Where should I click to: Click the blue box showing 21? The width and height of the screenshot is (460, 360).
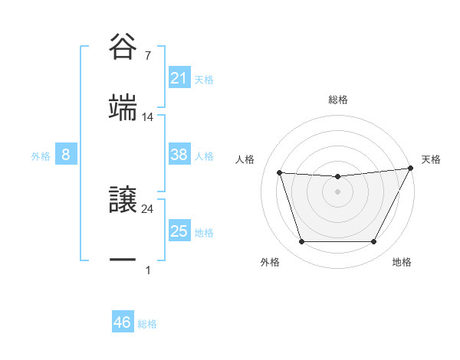pyautogui.click(x=179, y=78)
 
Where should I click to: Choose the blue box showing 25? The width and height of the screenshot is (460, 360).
pyautogui.click(x=179, y=231)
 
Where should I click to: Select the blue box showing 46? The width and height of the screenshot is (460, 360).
pyautogui.click(x=123, y=323)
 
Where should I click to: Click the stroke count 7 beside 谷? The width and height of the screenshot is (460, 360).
pyautogui.click(x=147, y=56)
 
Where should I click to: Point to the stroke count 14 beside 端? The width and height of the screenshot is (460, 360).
pyautogui.click(x=148, y=117)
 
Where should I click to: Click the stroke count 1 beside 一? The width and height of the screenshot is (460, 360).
pyautogui.click(x=147, y=270)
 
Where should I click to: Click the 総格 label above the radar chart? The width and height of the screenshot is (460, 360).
pyautogui.click(x=337, y=100)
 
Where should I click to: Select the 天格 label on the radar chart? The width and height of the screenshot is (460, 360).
pyautogui.click(x=431, y=159)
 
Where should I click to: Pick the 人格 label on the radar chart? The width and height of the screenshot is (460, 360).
pyautogui.click(x=245, y=159)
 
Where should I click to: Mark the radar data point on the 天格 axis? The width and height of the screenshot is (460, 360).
pyautogui.click(x=410, y=168)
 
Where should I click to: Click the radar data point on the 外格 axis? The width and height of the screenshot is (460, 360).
pyautogui.click(x=301, y=242)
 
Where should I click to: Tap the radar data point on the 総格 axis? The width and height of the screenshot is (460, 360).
pyautogui.click(x=337, y=176)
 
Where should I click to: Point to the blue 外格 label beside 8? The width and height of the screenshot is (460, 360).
pyautogui.click(x=41, y=156)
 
